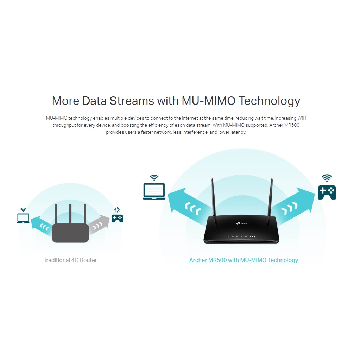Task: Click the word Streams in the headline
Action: click(132, 101)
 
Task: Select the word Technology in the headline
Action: click(269, 101)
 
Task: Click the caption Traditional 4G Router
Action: click(70, 260)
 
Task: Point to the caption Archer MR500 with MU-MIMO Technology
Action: click(244, 260)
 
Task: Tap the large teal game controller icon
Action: click(327, 192)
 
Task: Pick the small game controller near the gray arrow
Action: click(117, 219)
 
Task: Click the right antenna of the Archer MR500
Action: click(272, 201)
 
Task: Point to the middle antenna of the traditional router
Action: click(70, 215)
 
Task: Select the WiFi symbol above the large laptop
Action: click(154, 178)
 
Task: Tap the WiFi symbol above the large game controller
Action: click(327, 178)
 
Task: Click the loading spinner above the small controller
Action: click(117, 210)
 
